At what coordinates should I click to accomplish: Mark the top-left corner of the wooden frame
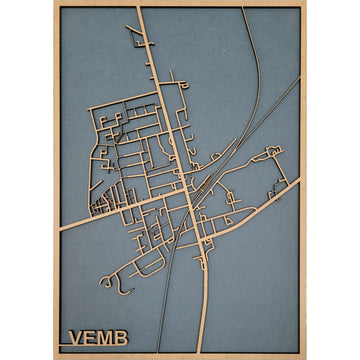tap(53, 3)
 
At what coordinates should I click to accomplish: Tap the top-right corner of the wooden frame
tap(305, 3)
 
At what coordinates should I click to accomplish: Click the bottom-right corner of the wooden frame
tap(305, 356)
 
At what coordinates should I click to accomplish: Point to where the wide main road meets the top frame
tap(139, 8)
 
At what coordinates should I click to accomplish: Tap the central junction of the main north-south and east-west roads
tap(187, 196)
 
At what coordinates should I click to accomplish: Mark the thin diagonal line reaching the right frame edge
tap(298, 80)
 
